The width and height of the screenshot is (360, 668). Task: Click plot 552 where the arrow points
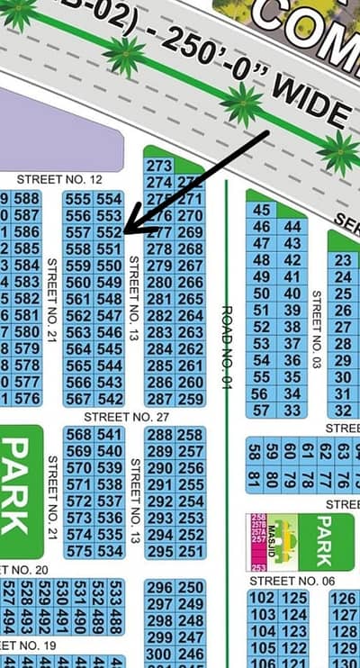[x=110, y=231]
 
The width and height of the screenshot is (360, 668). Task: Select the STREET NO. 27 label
[x=127, y=417]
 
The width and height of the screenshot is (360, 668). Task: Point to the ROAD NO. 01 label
[x=227, y=346]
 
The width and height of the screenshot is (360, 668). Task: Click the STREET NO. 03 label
[x=316, y=329]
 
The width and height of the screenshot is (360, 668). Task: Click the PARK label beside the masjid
[x=322, y=536]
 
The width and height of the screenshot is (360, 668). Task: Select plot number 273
[x=158, y=166]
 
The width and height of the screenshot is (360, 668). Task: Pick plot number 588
[x=26, y=199]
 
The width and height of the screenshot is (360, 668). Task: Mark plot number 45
[x=262, y=210]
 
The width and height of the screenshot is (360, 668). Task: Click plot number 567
[x=78, y=399]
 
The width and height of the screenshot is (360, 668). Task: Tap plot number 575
[x=78, y=550]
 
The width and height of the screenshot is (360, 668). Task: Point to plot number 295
[x=159, y=550]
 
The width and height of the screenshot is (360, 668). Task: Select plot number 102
[x=262, y=599]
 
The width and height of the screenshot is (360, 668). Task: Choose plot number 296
[x=159, y=588]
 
